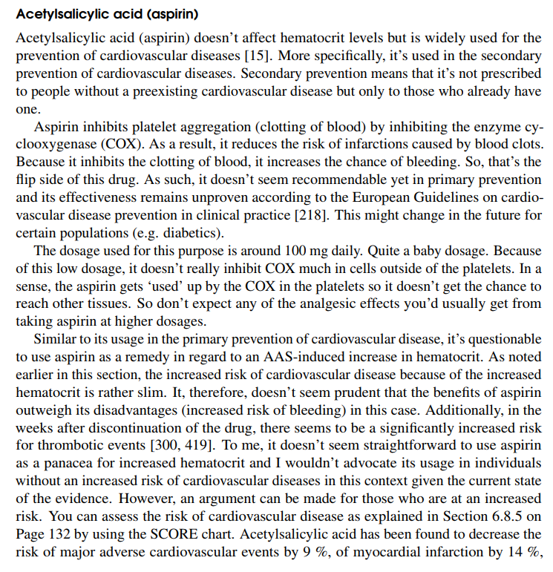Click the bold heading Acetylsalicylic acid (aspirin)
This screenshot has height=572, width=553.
[111, 14]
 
